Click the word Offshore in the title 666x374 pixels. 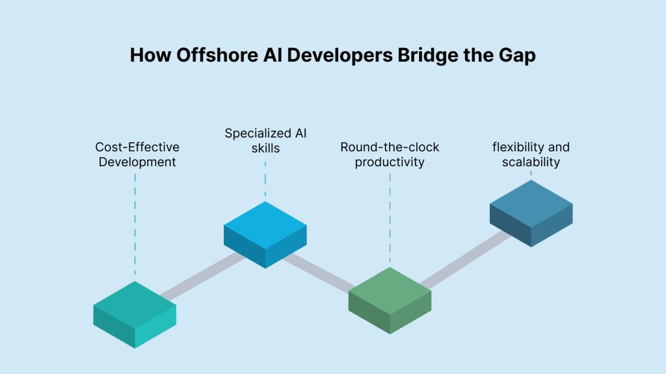click(217, 55)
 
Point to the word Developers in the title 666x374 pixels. click(340, 56)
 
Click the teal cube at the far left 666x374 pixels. click(135, 315)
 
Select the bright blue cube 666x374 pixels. click(265, 234)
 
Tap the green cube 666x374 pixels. click(390, 300)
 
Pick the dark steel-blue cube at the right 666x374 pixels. click(531, 213)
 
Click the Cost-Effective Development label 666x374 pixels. click(137, 155)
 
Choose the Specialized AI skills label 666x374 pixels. click(265, 140)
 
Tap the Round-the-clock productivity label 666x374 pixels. click(390, 155)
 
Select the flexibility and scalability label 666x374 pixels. click(531, 155)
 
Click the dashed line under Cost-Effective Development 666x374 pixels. click(135, 225)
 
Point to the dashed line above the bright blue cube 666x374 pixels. click(265, 179)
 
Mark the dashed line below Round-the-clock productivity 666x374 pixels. click(390, 218)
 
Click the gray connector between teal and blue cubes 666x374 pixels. click(203, 277)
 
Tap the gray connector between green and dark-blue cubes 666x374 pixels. click(466, 260)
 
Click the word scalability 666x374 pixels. click(531, 162)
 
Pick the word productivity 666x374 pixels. click(390, 162)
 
